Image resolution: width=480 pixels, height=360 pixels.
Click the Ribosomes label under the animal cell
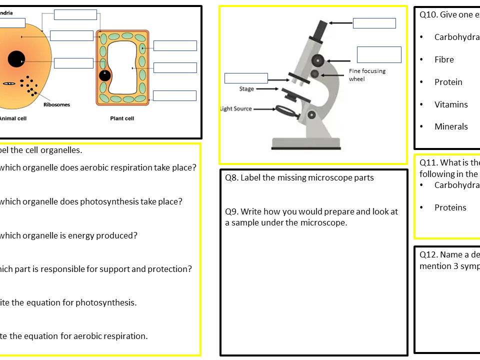56,104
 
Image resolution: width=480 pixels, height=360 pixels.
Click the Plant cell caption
122,118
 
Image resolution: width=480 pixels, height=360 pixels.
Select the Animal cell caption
13,118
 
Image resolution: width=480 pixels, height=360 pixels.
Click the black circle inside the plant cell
104,76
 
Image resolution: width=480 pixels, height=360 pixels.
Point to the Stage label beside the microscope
246,89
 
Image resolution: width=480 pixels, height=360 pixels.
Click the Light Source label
236,108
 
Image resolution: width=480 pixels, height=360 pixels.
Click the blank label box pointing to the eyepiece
374,23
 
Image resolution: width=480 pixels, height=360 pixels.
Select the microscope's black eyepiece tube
318,31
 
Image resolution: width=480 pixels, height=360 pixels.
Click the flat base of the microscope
306,144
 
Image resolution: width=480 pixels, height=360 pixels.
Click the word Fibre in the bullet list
444,59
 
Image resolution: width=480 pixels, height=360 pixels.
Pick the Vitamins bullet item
451,104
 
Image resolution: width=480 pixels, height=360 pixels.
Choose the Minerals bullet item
451,126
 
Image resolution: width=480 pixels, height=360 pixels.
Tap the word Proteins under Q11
450,207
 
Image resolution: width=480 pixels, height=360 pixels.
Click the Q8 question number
231,177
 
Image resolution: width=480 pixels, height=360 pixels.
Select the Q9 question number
231,211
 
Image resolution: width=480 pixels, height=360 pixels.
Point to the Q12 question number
428,254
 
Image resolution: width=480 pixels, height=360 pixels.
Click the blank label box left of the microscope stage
246,78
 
